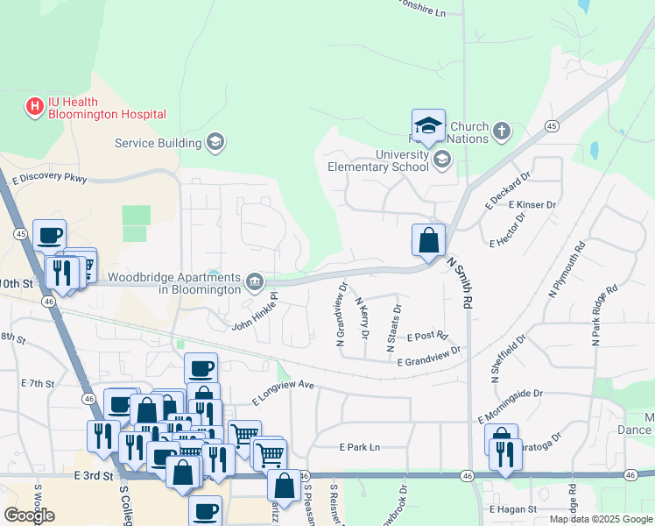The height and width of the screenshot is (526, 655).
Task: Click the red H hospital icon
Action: click(x=34, y=107)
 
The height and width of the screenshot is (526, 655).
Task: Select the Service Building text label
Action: click(x=158, y=143)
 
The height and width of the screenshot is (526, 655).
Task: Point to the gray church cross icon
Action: click(x=501, y=131)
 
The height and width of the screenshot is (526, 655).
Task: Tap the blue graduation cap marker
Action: click(x=428, y=125)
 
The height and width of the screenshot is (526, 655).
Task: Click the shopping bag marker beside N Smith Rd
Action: click(x=428, y=240)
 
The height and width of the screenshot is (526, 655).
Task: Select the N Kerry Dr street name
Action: click(x=362, y=318)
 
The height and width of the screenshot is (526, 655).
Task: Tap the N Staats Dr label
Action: click(x=394, y=329)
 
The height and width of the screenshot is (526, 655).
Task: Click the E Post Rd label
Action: click(x=427, y=336)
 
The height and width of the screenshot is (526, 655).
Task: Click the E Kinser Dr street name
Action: click(x=532, y=205)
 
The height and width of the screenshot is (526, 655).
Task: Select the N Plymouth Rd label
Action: click(x=566, y=268)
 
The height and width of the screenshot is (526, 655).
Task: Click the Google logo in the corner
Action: click(x=28, y=515)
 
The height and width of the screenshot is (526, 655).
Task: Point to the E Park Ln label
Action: click(x=360, y=447)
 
